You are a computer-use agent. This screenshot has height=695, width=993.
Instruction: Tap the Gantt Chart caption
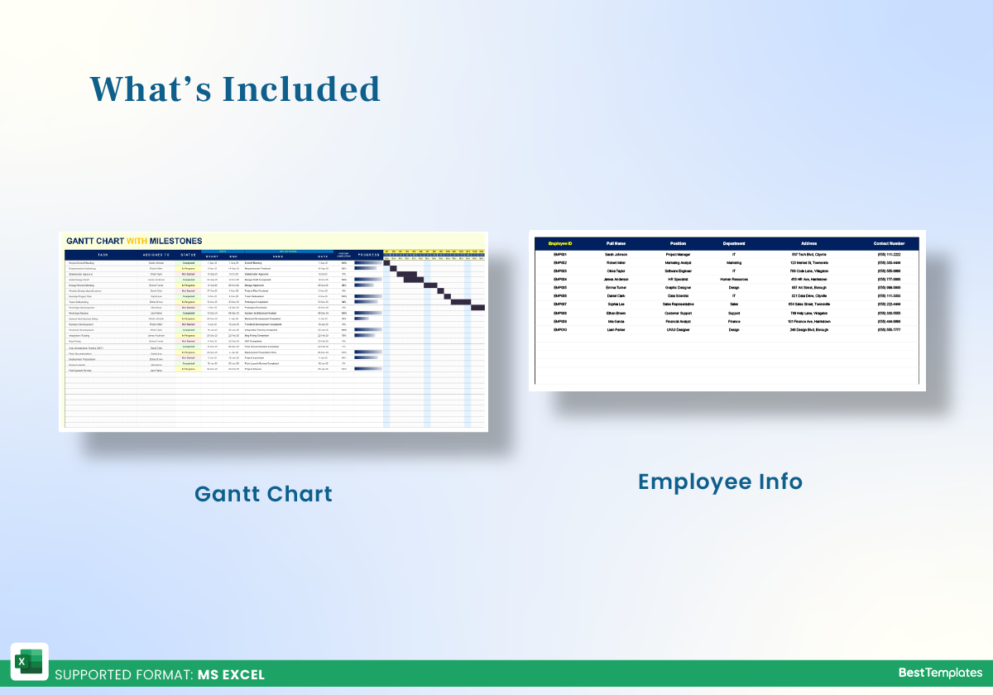point(263,494)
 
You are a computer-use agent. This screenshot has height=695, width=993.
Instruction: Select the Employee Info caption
point(720,481)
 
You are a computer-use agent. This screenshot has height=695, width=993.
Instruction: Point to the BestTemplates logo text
point(940,673)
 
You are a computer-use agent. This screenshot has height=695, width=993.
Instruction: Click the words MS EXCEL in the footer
point(231,674)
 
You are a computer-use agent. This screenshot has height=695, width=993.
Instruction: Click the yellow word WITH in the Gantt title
point(137,241)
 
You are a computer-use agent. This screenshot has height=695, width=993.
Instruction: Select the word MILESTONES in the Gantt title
point(175,241)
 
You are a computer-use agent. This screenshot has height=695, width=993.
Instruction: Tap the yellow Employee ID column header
point(560,243)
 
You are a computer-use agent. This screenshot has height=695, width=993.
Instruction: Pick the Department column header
point(734,243)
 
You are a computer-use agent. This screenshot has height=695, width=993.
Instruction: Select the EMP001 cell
point(560,254)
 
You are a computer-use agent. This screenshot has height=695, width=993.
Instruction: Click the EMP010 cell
point(560,329)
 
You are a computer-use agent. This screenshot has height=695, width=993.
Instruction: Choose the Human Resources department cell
point(734,279)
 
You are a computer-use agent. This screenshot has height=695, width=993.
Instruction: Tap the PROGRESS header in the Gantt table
point(368,255)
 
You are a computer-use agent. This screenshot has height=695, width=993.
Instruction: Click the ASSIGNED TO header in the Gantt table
point(156,255)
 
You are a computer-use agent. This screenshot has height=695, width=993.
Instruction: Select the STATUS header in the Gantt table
point(188,255)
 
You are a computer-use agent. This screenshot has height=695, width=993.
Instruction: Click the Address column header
point(808,243)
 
